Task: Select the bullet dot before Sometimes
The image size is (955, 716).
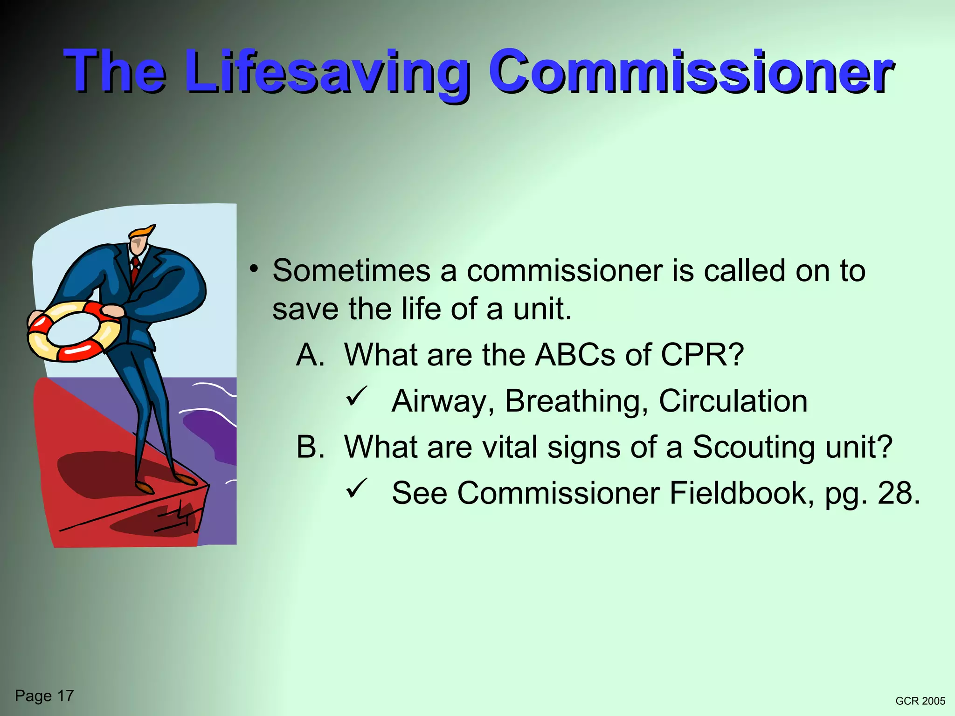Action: (253, 268)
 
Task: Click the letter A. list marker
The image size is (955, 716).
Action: (310, 355)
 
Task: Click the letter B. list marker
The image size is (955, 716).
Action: (310, 447)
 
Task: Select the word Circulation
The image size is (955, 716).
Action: (733, 401)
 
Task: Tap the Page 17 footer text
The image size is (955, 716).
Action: (44, 696)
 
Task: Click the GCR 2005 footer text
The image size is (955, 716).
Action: (920, 701)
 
